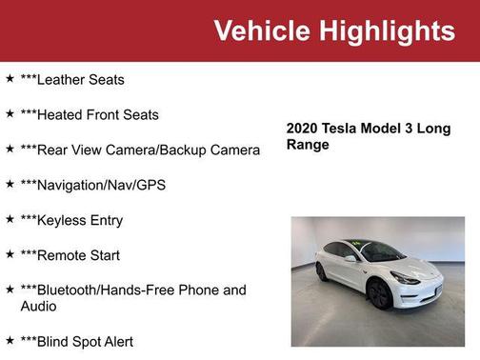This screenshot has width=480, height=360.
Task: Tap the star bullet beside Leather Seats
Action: (10, 79)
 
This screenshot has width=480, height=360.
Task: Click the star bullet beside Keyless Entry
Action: (10, 220)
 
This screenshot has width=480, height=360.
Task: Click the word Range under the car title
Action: (308, 145)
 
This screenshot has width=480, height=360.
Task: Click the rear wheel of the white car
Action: (322, 271)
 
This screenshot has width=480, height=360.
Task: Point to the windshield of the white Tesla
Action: (381, 252)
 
